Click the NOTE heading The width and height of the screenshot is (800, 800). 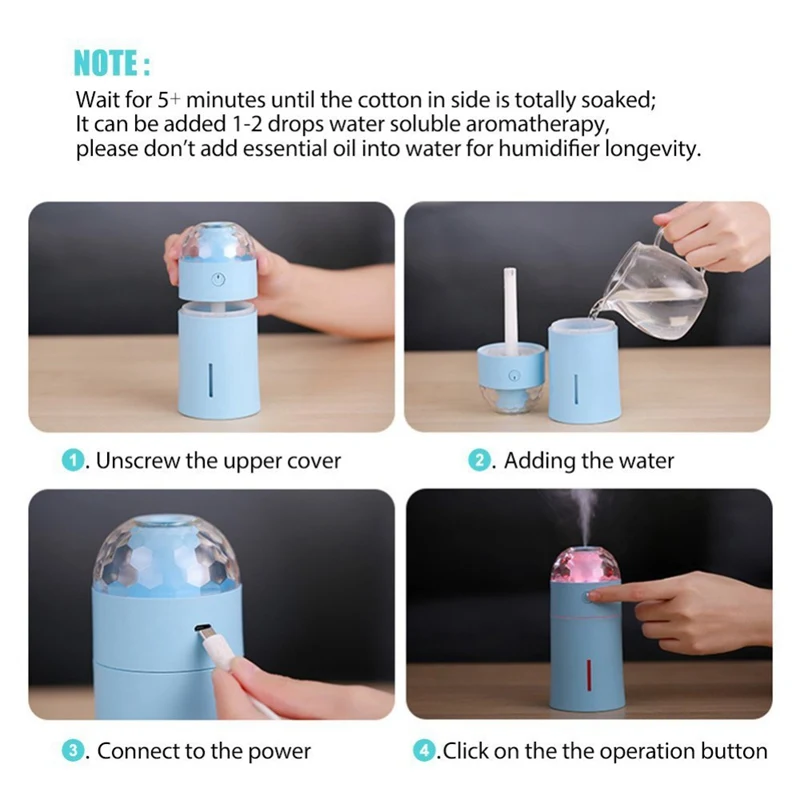click(x=112, y=63)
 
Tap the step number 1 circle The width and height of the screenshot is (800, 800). click(x=73, y=461)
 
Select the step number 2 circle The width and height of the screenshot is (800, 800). click(x=479, y=461)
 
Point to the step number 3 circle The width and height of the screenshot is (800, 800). click(x=73, y=751)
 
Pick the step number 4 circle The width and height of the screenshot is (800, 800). click(x=424, y=751)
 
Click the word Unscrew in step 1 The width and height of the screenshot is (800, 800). click(x=137, y=461)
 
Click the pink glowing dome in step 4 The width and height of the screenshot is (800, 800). click(x=585, y=564)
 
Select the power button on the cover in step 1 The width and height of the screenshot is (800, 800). click(x=218, y=279)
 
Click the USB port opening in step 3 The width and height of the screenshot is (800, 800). click(x=203, y=628)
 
